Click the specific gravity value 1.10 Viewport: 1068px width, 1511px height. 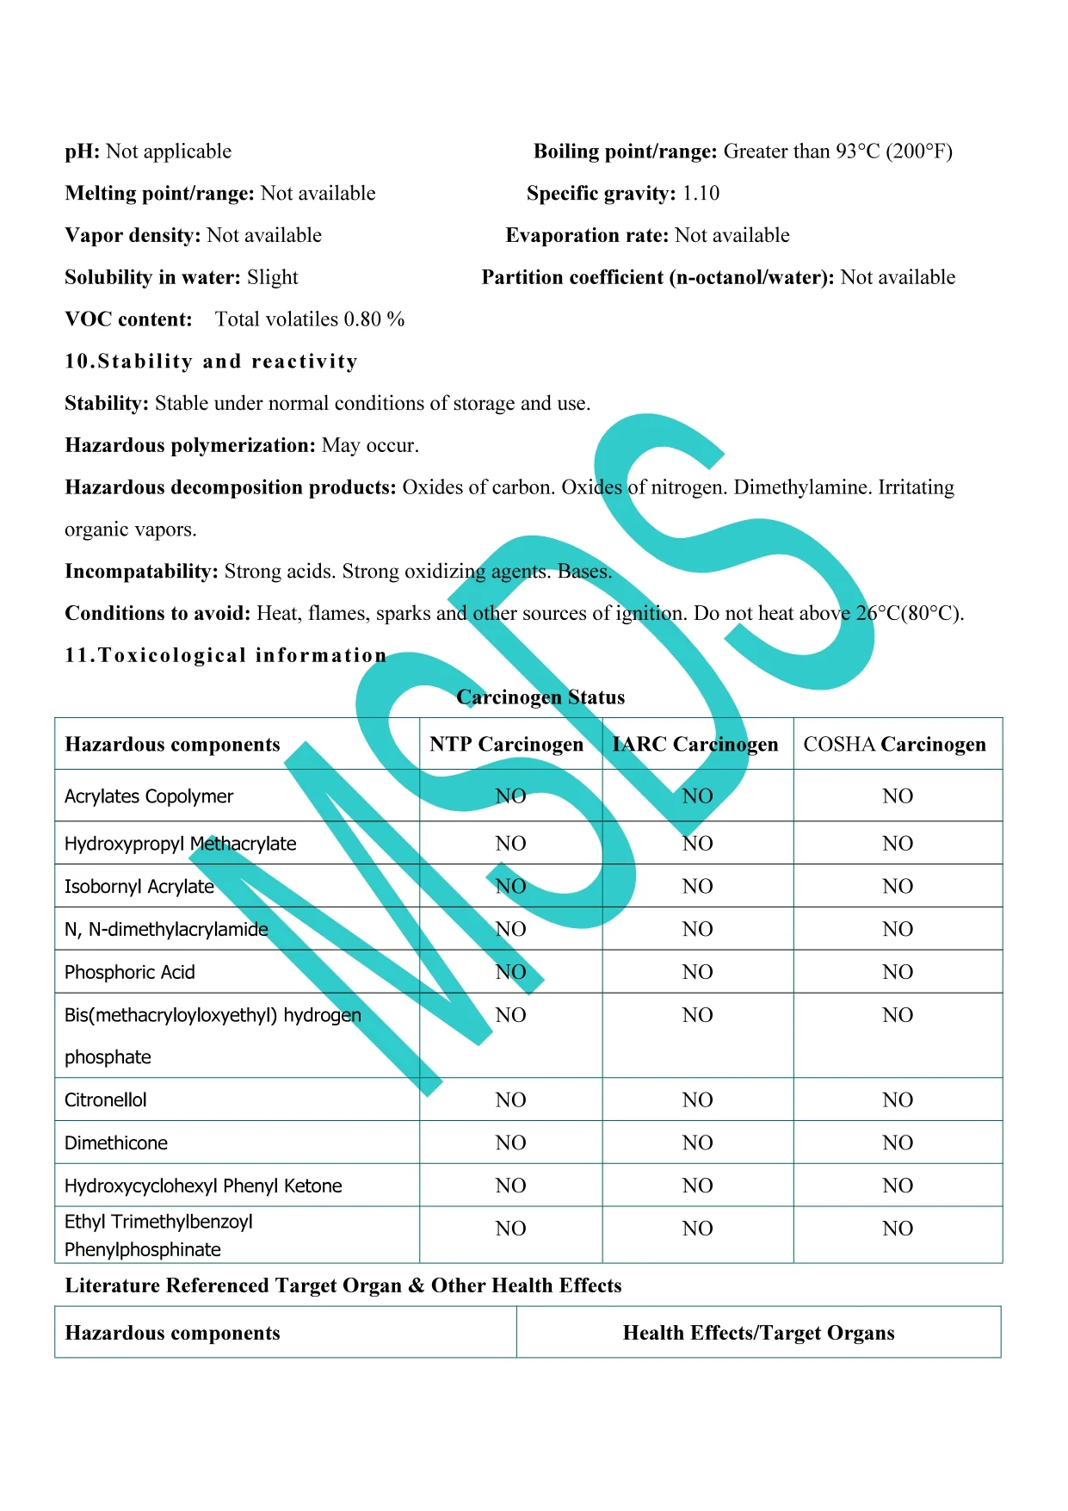point(701,194)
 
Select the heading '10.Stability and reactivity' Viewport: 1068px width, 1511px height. point(211,362)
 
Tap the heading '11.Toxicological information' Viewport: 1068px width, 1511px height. point(225,656)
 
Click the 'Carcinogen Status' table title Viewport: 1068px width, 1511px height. point(540,697)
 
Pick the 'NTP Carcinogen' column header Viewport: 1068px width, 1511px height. point(506,745)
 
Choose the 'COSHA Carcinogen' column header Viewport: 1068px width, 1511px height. point(894,745)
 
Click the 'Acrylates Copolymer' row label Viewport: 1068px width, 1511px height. point(149,796)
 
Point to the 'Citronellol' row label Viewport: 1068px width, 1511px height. point(106,1100)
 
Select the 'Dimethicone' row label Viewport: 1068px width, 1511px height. point(116,1143)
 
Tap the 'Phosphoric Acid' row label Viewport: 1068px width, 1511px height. point(130,973)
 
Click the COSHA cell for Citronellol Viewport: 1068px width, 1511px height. point(897,1100)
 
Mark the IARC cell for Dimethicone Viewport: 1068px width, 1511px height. point(697,1143)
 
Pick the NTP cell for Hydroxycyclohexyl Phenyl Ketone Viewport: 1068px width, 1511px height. point(510,1186)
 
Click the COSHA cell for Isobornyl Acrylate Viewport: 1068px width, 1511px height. point(897,887)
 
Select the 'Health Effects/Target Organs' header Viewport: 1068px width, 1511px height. point(758,1334)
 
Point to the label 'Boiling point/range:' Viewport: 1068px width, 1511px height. point(625,152)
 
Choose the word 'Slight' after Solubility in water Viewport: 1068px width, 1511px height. point(272,278)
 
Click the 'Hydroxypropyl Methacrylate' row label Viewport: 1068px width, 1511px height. point(181,844)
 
